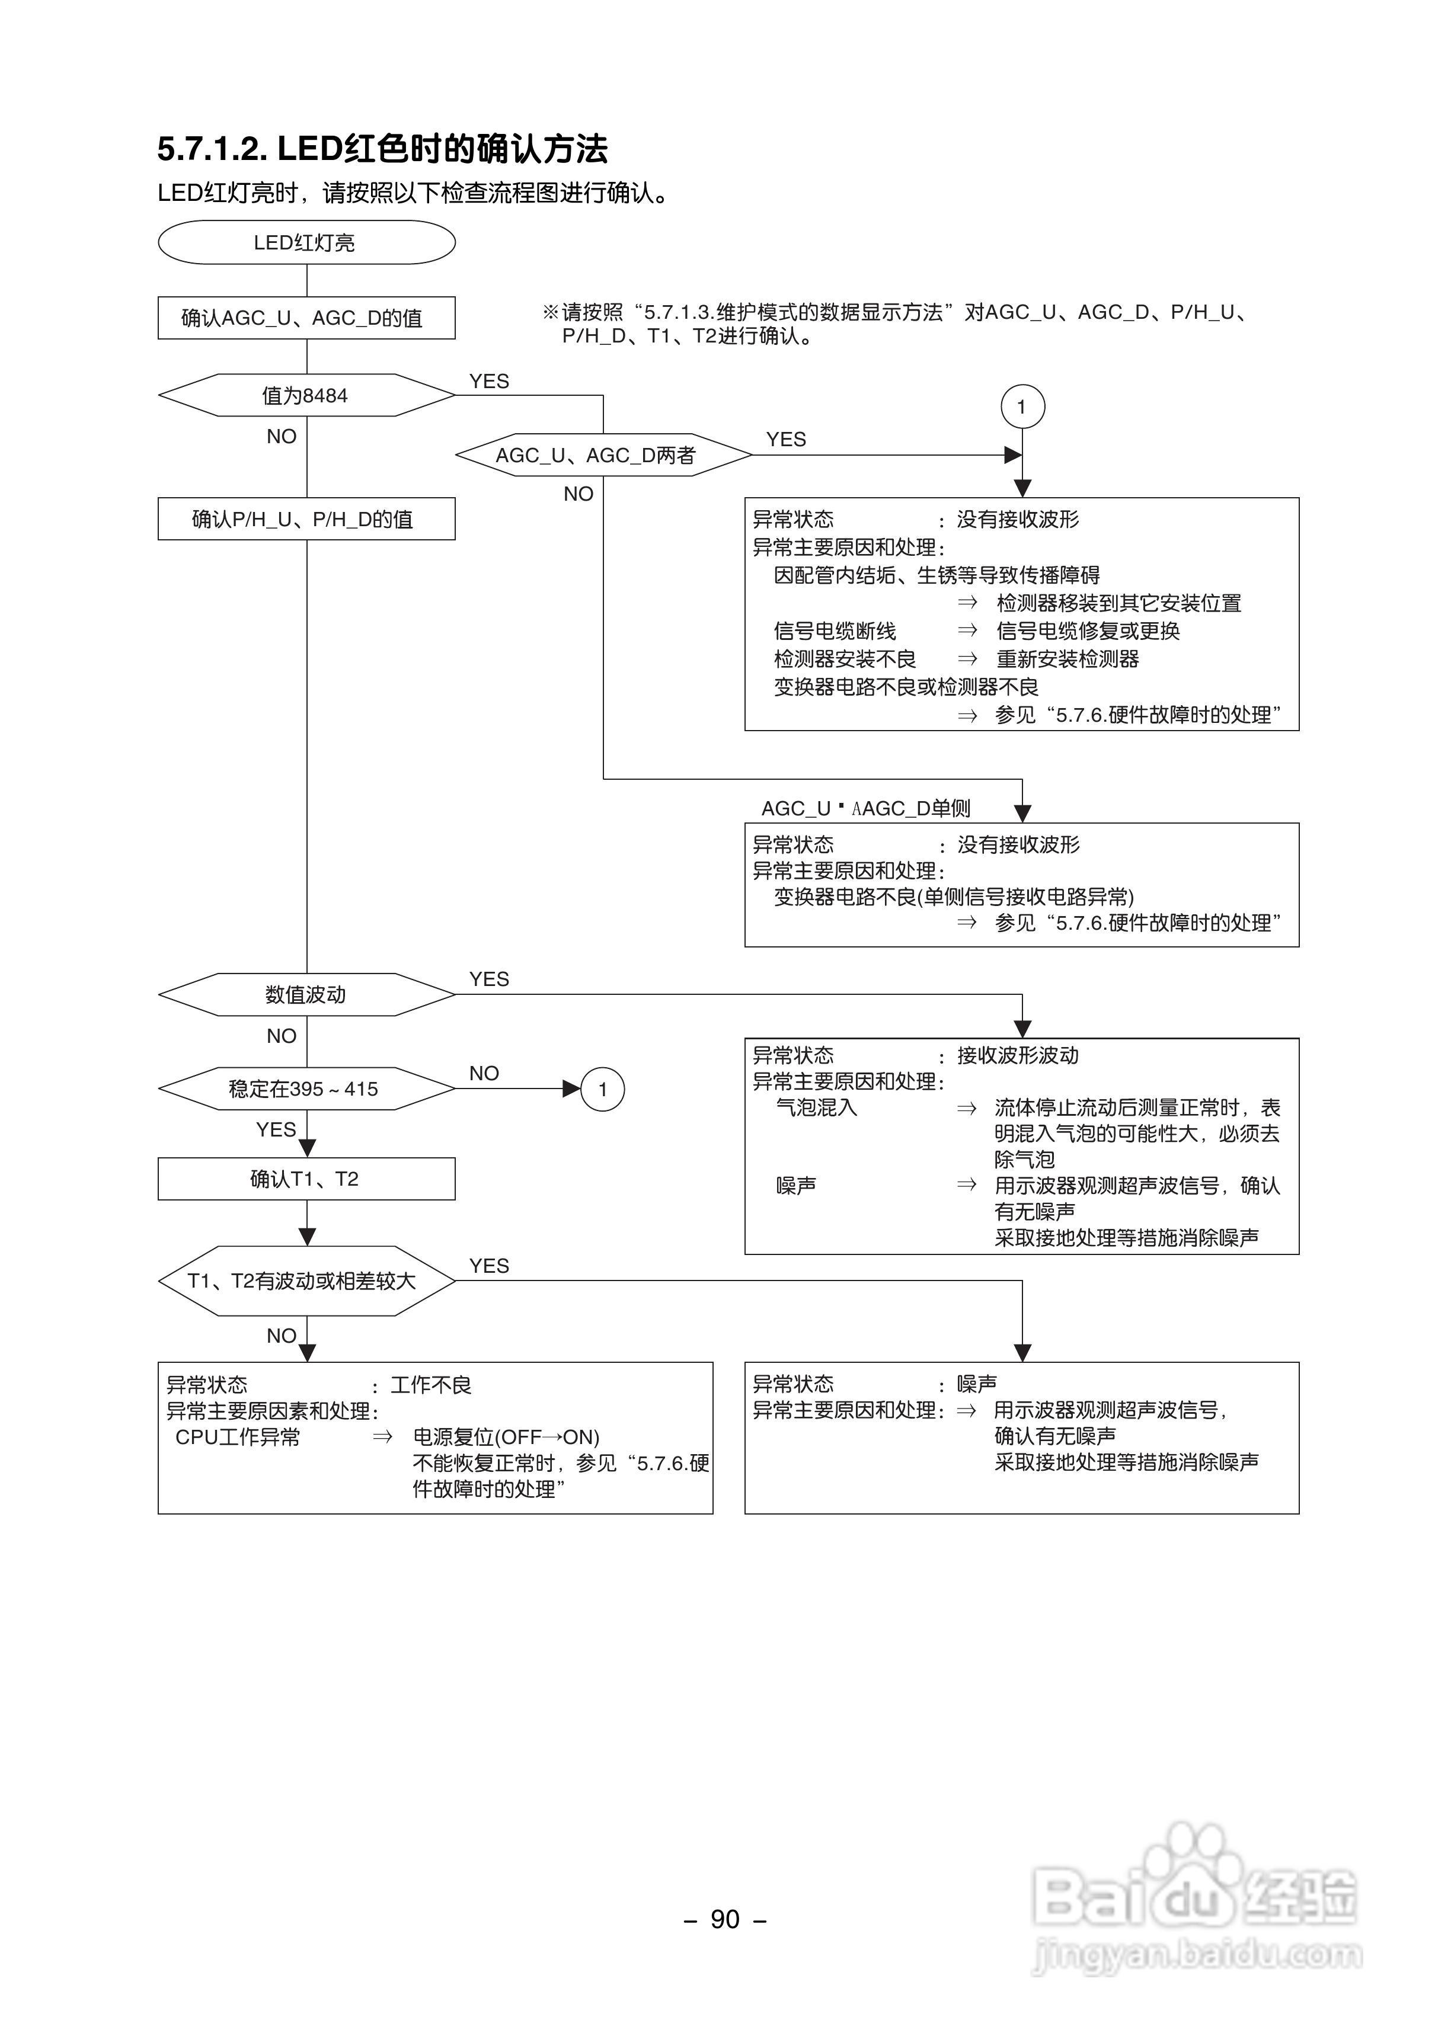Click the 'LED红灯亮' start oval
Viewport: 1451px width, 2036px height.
click(x=306, y=243)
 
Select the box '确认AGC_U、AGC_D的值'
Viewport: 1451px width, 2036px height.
click(x=306, y=318)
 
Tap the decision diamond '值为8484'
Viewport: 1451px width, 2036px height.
click(x=306, y=396)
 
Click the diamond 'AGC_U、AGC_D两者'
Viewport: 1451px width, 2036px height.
click(x=603, y=456)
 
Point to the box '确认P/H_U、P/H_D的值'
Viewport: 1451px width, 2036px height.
click(x=306, y=519)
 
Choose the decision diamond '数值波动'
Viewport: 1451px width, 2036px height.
click(x=306, y=995)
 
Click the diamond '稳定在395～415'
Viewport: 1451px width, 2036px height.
click(x=306, y=1089)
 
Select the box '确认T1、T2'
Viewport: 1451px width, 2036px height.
click(x=306, y=1179)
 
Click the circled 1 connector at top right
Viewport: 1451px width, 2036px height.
click(x=1022, y=407)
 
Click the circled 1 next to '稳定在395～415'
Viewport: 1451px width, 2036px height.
click(x=602, y=1090)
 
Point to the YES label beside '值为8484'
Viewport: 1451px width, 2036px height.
click(x=489, y=381)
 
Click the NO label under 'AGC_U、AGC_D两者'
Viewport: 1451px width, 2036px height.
click(x=578, y=494)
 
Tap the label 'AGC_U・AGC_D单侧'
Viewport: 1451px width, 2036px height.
click(x=865, y=808)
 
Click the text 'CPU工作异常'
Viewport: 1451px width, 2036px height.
click(x=238, y=1437)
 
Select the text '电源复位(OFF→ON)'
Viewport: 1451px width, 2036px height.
click(x=506, y=1437)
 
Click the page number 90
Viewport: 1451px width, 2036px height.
click(x=724, y=1919)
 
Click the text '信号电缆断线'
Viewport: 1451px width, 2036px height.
click(x=835, y=631)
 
